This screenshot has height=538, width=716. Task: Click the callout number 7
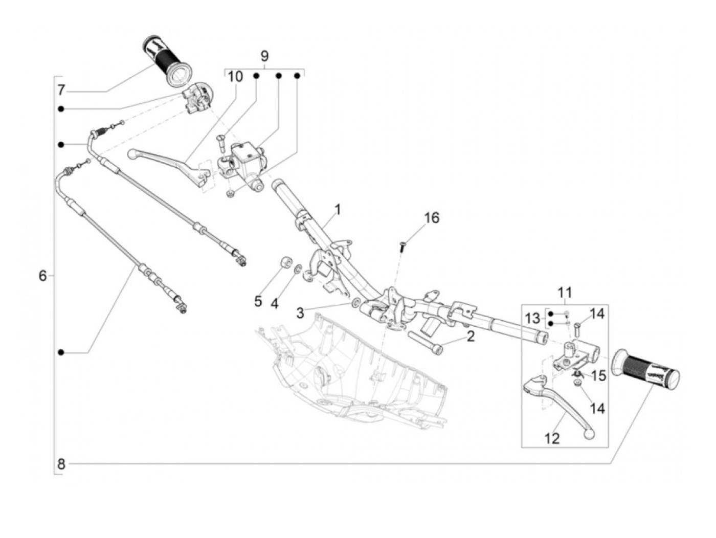(x=61, y=91)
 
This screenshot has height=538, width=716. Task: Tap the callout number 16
(x=432, y=218)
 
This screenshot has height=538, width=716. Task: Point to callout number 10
(x=235, y=77)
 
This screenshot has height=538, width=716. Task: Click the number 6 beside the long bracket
(x=42, y=276)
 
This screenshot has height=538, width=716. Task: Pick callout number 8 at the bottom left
(x=61, y=464)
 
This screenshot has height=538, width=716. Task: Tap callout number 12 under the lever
(x=552, y=438)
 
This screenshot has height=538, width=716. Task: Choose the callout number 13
(x=532, y=319)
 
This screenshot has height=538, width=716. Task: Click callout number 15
(x=598, y=376)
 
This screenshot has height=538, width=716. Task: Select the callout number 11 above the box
(x=565, y=293)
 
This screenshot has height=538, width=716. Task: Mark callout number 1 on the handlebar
(x=338, y=209)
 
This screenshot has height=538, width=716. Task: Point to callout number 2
(x=470, y=336)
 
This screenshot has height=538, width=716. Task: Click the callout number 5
(x=258, y=301)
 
